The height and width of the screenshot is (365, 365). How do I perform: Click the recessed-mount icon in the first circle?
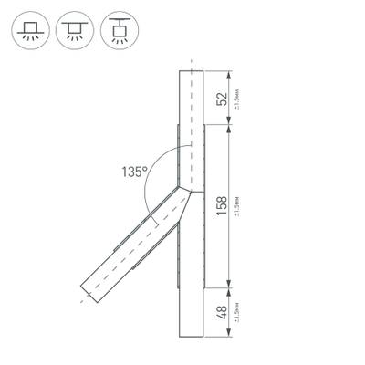click(x=31, y=29)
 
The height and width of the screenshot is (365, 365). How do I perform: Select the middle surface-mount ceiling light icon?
click(x=73, y=29)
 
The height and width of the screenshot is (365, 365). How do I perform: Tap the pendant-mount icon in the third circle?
click(x=115, y=29)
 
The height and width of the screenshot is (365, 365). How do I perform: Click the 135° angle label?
click(x=134, y=170)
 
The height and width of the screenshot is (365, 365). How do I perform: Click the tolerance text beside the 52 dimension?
click(x=237, y=99)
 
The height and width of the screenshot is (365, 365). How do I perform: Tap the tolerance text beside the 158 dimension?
click(x=237, y=205)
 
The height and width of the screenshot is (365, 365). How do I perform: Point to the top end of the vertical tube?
click(x=192, y=69)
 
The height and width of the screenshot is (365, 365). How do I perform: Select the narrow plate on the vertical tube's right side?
click(x=204, y=204)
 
